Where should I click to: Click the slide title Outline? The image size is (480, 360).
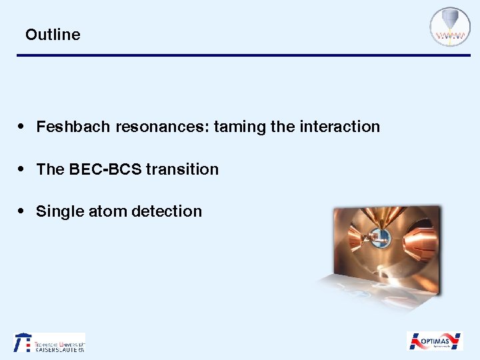(x=53, y=35)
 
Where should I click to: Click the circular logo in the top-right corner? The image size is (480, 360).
(x=450, y=27)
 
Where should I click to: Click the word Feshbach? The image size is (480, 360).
(x=74, y=127)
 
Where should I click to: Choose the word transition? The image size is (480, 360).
(x=182, y=169)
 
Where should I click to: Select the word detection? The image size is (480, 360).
(x=167, y=211)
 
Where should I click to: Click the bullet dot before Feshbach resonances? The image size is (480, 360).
(x=22, y=127)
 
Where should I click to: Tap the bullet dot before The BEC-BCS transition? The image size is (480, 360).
(x=22, y=169)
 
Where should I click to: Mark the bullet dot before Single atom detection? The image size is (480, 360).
(x=22, y=211)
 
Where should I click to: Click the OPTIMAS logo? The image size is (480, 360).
(x=435, y=341)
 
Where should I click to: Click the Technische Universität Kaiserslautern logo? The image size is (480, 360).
(x=49, y=343)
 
